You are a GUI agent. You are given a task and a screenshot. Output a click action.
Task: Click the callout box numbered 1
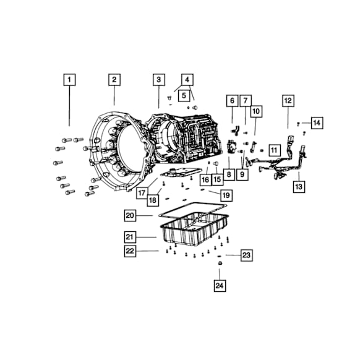point(69,80)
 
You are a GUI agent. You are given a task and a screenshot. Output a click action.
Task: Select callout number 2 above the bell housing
point(114,80)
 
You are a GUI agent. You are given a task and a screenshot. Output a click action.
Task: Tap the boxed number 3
point(159,80)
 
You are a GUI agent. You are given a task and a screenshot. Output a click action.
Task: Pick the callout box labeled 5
point(184,95)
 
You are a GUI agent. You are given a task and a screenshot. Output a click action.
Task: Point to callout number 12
point(288,101)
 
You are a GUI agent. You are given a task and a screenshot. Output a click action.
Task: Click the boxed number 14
point(317,123)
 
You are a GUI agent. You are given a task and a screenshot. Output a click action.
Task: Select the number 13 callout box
point(299,186)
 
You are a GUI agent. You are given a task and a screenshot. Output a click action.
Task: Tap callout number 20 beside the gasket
point(130,215)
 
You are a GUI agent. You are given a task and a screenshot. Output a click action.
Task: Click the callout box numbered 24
point(220,286)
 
